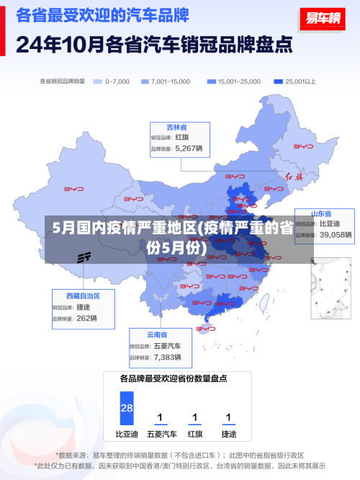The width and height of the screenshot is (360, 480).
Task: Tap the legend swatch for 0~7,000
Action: [98, 81]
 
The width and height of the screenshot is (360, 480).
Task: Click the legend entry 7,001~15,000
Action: [169, 81]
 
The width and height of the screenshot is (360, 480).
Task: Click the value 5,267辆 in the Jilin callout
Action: [189, 148]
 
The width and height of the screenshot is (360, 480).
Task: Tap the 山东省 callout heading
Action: [321, 214]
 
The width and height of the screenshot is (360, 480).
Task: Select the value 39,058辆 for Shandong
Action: [336, 234]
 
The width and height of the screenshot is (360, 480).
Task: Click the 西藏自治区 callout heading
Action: [84, 295]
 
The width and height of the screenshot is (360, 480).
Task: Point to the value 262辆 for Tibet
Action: [86, 318]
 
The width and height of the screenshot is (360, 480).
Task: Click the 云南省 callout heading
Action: [157, 334]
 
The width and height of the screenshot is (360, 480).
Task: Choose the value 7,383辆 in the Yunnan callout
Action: [167, 357]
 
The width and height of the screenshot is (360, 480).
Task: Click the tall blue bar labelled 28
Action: [127, 408]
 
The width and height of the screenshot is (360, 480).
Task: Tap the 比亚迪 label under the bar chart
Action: [127, 435]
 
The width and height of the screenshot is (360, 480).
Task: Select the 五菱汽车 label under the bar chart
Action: [161, 435]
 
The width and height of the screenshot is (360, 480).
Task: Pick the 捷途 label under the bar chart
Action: [229, 435]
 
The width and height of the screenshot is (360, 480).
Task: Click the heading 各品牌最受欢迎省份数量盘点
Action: [174, 378]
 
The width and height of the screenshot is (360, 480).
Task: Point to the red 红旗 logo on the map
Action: [294, 177]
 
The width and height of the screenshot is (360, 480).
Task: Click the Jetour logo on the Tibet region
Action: [84, 257]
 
